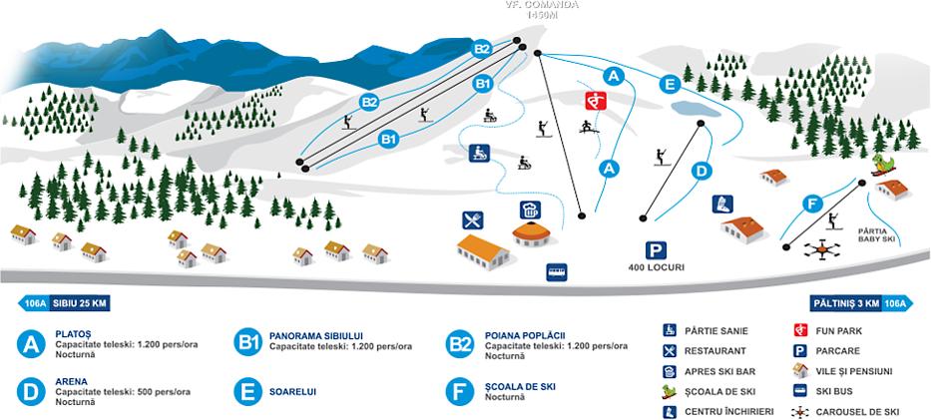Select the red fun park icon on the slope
point(595,100)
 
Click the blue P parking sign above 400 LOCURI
point(655,250)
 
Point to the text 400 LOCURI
point(656,267)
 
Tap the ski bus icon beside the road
point(556,270)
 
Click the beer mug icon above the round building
point(529,210)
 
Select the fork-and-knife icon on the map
point(473,219)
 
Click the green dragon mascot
point(882,163)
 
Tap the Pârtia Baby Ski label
point(878,235)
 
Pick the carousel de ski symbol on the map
point(820,249)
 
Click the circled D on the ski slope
point(701,171)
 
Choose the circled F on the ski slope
point(812,204)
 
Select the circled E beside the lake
point(669,85)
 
